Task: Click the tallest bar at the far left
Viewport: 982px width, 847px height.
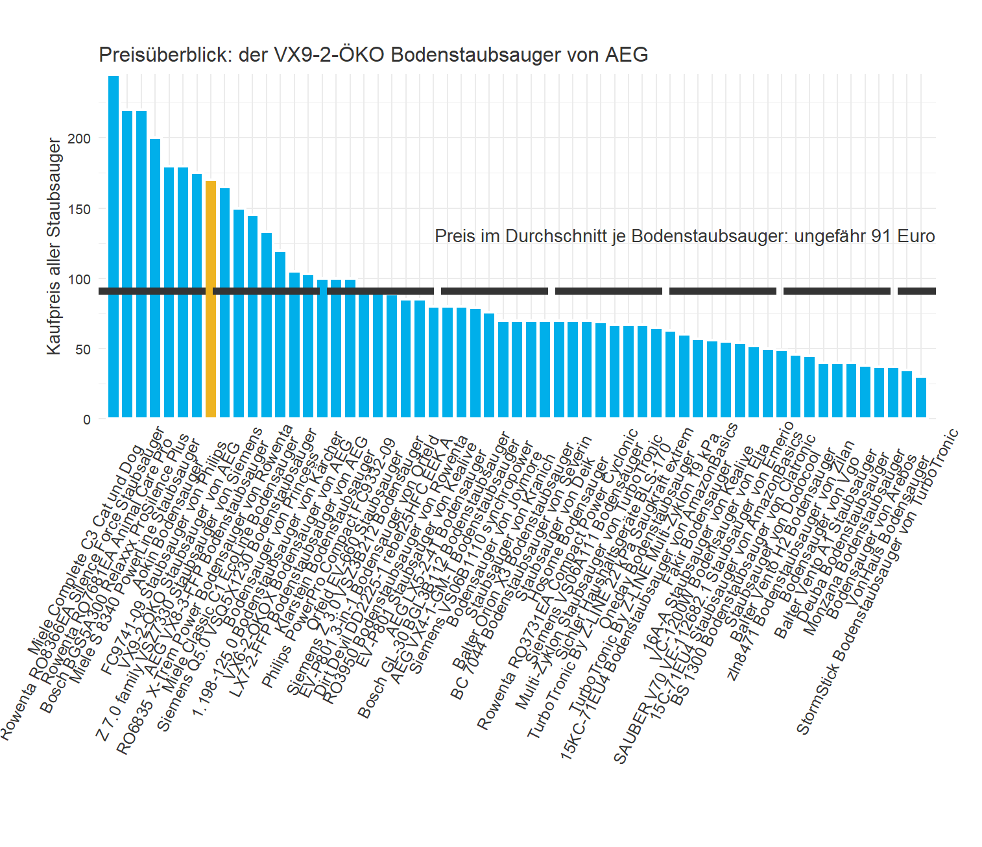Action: point(114,247)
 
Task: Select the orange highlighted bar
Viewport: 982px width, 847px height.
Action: point(211,299)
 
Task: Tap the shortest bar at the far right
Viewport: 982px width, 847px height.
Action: point(921,397)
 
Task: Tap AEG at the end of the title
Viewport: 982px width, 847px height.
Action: point(627,55)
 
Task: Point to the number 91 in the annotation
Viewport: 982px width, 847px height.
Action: point(881,236)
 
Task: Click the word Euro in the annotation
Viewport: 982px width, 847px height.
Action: point(916,236)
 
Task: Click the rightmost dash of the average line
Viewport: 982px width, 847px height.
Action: point(916,291)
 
